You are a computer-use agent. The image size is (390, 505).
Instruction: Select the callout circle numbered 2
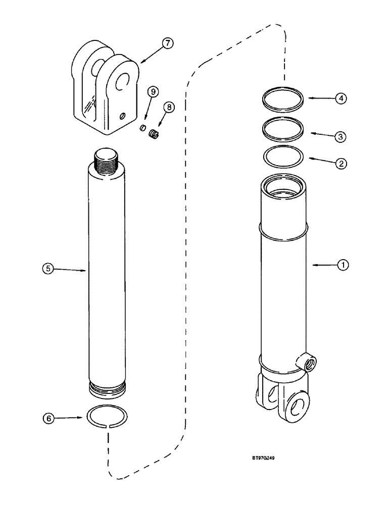tap(342, 163)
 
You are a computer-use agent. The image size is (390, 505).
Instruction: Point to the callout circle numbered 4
tap(342, 98)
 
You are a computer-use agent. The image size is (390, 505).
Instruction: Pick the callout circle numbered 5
tap(47, 270)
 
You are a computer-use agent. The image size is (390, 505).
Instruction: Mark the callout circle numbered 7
tap(168, 44)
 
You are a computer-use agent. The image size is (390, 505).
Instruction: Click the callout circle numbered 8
tap(168, 107)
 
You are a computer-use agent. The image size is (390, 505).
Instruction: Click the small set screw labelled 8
tap(154, 133)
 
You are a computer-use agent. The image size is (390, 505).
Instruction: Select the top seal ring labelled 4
tap(284, 99)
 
